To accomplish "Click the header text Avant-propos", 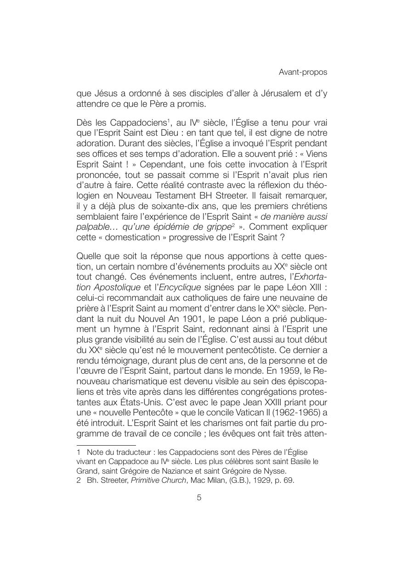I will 303,72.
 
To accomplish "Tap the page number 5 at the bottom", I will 199,497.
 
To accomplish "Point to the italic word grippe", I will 219,226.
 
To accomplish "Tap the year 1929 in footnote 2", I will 257,481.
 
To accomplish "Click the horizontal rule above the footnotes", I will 106,445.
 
